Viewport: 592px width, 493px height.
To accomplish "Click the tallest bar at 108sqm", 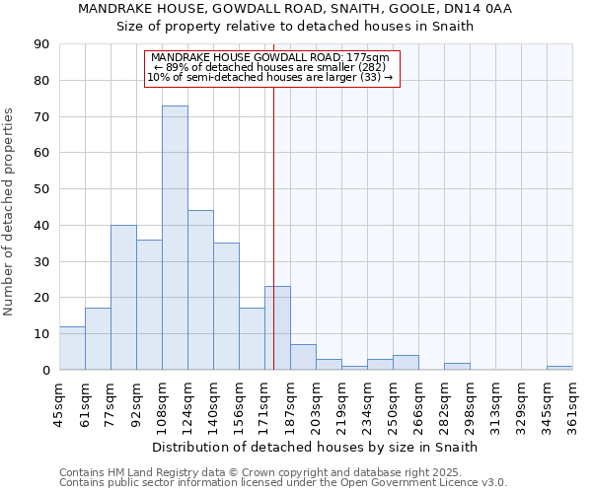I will (175, 238).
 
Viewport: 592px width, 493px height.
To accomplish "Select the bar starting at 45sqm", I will (72, 348).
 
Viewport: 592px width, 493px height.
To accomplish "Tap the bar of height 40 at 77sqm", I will (123, 297).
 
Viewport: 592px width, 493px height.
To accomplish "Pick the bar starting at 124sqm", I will (200, 290).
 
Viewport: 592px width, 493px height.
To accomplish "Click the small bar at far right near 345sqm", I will (559, 368).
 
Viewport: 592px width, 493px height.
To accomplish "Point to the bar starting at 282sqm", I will (457, 366).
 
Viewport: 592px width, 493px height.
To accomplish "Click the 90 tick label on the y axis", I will (41, 44).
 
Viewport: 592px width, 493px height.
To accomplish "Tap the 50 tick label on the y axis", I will (41, 189).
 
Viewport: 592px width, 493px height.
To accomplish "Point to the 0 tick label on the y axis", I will (45, 370).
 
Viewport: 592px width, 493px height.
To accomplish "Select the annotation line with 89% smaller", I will (271, 67).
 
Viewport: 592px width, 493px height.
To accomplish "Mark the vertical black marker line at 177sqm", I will (273, 246).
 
